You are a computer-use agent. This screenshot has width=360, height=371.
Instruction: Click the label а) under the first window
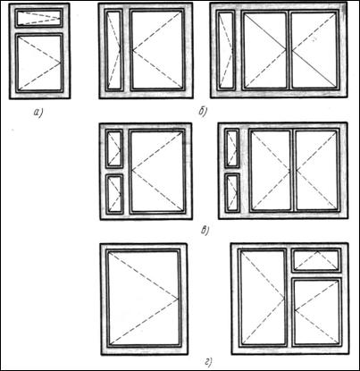point(38,113)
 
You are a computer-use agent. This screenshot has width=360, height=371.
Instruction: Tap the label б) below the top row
point(203,112)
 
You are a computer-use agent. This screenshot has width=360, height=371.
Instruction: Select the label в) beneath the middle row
point(205,230)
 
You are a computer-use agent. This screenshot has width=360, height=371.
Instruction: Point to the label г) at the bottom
point(208,362)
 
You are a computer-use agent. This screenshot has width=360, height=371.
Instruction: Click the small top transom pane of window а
point(39,18)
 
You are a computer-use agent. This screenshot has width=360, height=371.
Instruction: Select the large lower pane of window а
point(39,63)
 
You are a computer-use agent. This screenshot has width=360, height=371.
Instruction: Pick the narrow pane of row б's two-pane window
point(113,50)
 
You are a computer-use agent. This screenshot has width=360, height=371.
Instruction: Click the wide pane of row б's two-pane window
point(157,50)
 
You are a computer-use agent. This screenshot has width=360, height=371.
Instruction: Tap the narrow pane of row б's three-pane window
point(225,50)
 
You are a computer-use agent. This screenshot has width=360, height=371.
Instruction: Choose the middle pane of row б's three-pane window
point(265,50)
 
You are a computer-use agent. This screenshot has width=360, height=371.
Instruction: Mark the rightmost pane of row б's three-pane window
point(314,50)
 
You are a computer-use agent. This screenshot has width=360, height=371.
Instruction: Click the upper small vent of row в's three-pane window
point(114,148)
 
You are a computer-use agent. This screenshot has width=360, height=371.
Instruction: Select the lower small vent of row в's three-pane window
point(114,194)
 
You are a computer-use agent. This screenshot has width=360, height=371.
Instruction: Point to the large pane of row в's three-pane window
point(157,172)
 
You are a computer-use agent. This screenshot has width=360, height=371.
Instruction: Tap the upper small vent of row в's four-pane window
point(232,148)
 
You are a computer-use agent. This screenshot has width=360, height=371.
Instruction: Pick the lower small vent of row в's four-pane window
point(232,193)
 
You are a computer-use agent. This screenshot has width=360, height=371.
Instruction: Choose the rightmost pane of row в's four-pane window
point(317,171)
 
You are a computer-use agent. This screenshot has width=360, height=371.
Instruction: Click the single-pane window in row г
point(144,299)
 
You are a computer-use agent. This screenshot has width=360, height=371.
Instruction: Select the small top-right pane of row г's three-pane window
point(316,260)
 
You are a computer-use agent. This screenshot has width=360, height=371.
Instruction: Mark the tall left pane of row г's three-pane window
point(264,298)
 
